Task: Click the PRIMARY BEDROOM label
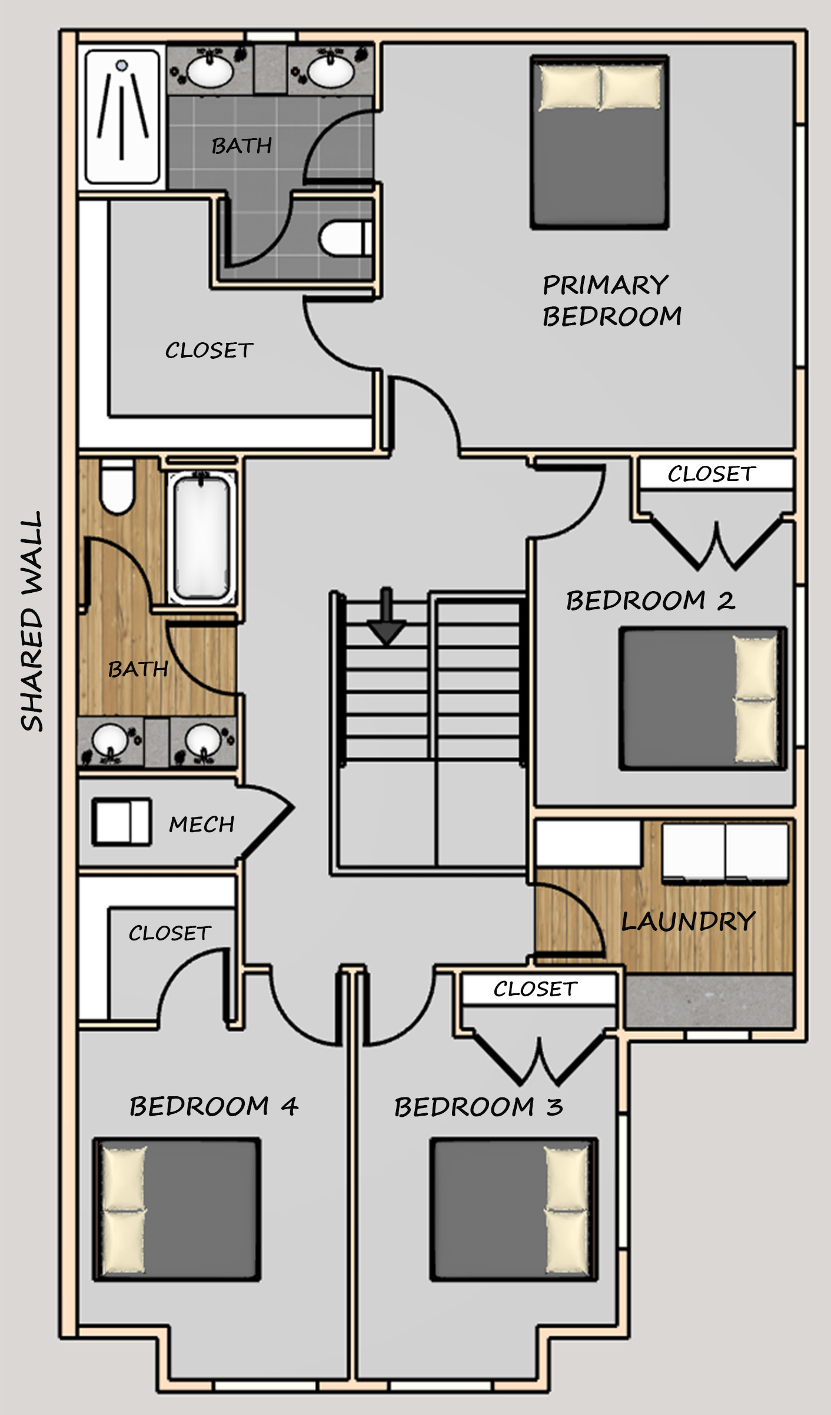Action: click(x=612, y=301)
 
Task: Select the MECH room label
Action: click(x=202, y=824)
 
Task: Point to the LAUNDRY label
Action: click(x=689, y=922)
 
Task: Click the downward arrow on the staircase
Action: click(x=386, y=616)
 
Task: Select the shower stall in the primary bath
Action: click(x=122, y=116)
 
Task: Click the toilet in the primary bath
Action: click(x=346, y=238)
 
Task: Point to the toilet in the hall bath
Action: click(x=118, y=487)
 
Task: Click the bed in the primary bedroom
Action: click(x=600, y=142)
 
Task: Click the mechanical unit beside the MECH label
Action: click(x=122, y=822)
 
